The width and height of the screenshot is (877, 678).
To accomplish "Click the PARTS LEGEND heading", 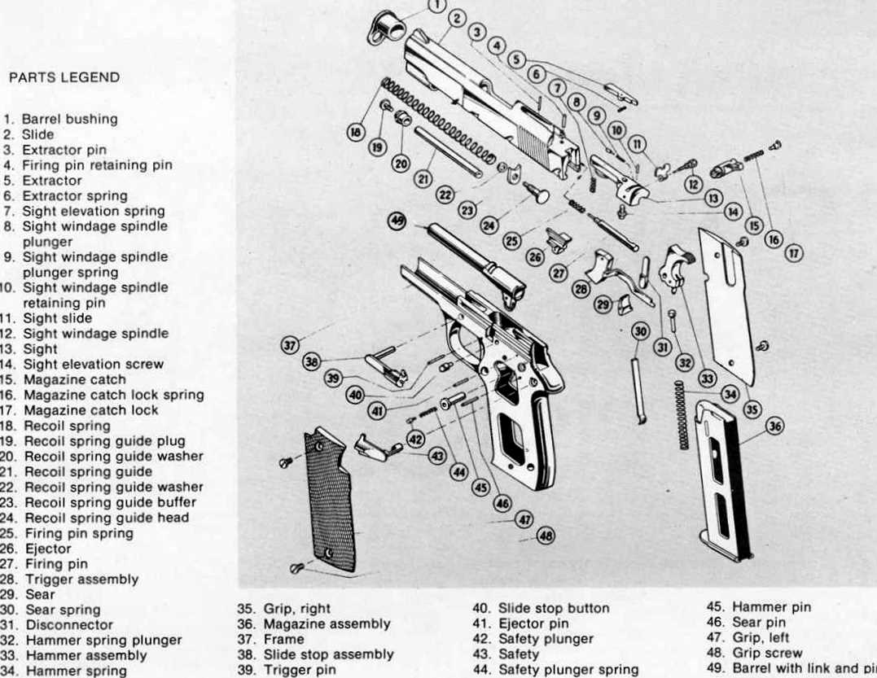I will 64,78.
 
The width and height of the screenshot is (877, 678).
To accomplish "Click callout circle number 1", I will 436,6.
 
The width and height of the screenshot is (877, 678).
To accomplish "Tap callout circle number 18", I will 356,132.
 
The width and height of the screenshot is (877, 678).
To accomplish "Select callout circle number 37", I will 289,346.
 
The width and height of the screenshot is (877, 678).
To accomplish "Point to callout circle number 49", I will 397,221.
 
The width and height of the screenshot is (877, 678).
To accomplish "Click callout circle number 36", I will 774,426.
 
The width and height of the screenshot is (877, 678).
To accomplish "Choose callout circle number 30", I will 640,332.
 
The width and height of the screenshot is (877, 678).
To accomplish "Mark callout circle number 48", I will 545,536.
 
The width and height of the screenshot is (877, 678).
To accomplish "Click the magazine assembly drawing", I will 722,480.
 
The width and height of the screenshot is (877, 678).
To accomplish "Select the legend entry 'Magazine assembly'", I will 326,624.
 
